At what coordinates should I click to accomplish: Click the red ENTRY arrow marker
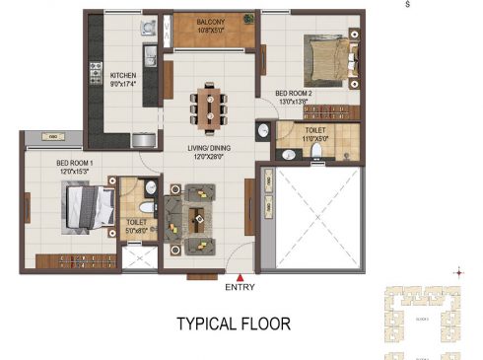coord(240,277)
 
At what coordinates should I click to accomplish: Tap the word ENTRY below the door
coord(240,289)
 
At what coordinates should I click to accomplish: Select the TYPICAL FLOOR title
coord(233,324)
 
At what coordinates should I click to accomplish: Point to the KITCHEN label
coord(124,75)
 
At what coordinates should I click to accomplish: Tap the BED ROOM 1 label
coord(74,163)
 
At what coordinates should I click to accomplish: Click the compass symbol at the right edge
coord(456,272)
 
